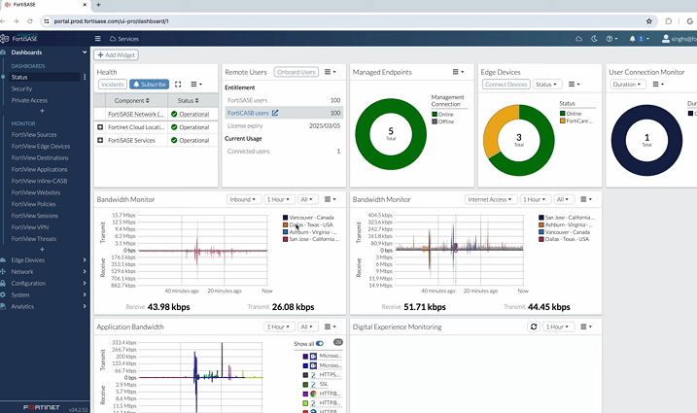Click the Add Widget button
click(116, 55)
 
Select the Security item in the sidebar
click(21, 88)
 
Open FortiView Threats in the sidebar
click(34, 238)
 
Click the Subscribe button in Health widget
click(150, 85)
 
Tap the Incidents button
click(111, 85)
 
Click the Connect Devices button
click(505, 85)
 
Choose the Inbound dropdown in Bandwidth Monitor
click(243, 199)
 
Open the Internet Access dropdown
click(491, 199)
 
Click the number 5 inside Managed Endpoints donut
click(391, 130)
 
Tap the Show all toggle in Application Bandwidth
click(320, 343)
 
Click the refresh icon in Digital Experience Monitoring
click(533, 327)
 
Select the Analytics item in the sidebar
click(22, 306)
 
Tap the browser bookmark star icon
click(649, 20)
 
